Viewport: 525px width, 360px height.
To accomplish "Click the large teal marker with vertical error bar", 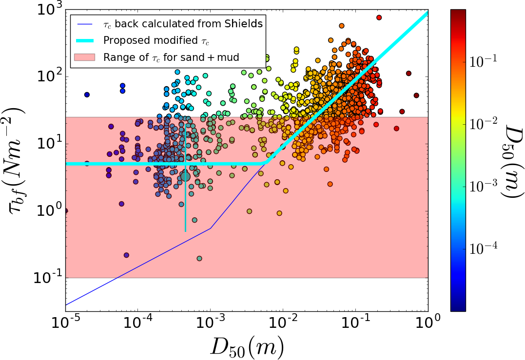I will tap(185, 176).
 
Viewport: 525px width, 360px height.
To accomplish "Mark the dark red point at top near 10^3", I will tap(379, 18).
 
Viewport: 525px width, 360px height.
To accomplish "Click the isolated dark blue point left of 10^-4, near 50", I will tap(87, 95).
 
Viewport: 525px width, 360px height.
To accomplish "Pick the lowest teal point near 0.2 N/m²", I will tap(199, 258).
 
